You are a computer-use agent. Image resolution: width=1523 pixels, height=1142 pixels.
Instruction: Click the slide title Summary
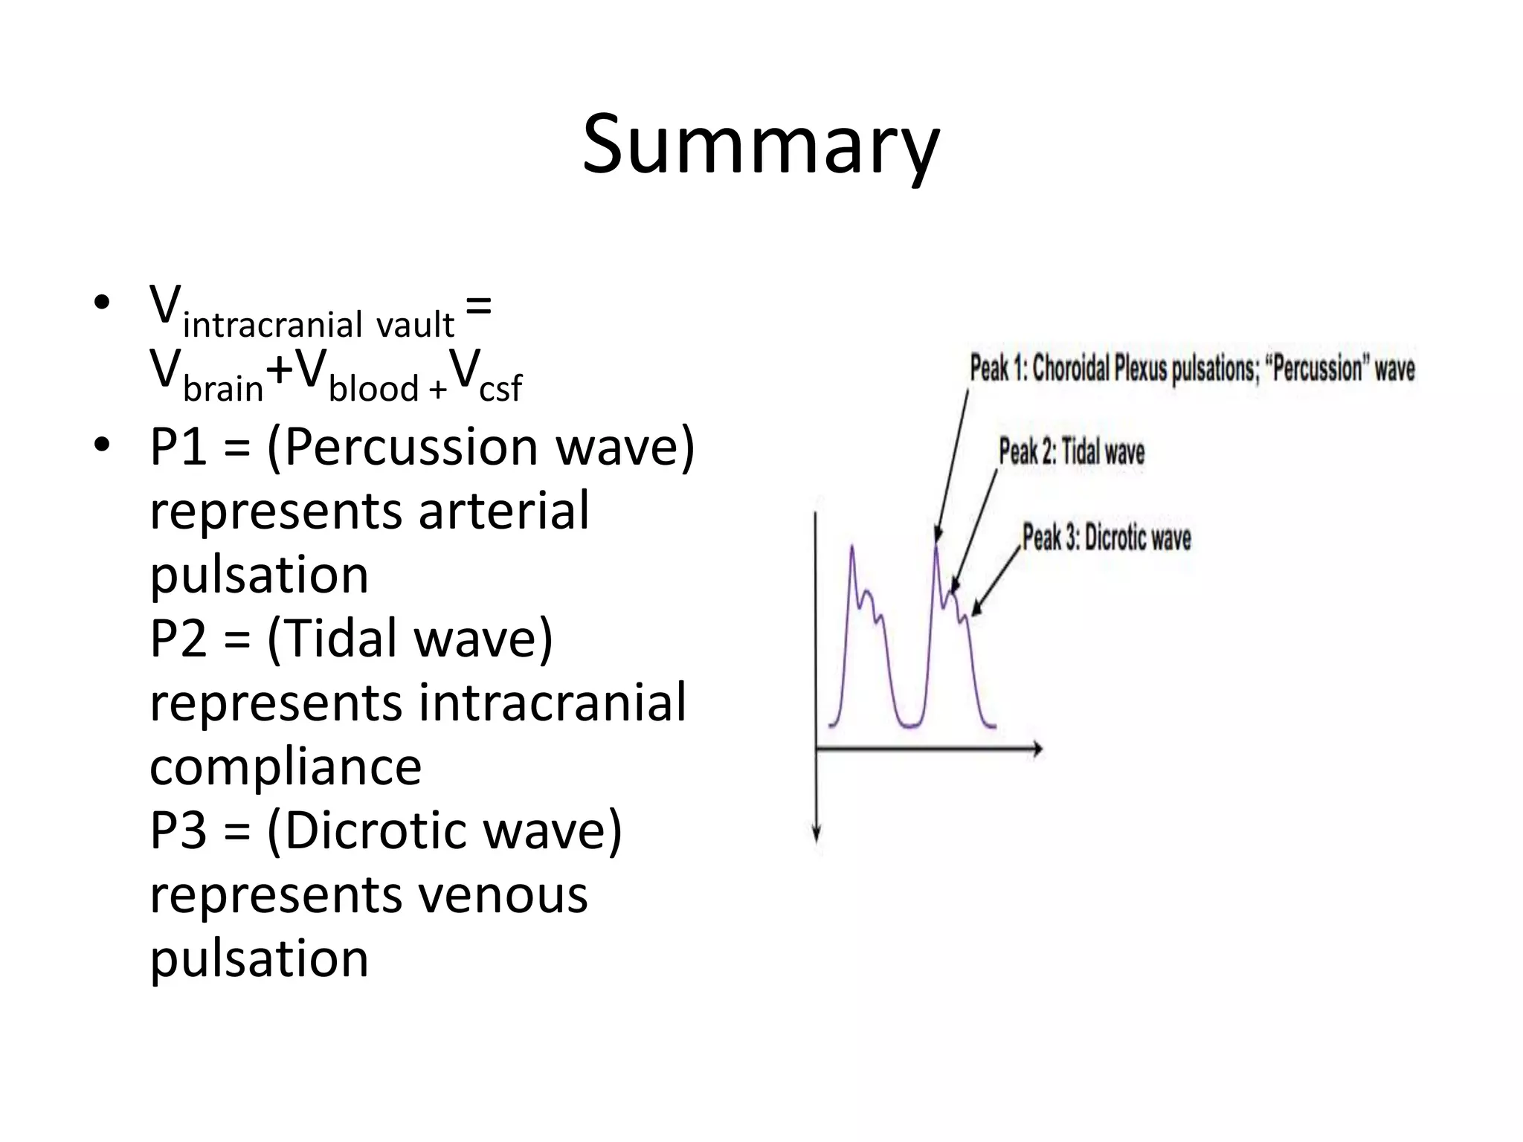761,145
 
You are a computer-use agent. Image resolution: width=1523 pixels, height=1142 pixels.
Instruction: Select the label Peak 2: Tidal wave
1072,452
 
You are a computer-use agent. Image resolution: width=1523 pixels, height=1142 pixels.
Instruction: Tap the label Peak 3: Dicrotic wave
1107,538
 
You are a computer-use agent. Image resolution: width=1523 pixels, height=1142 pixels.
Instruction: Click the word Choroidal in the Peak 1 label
1071,369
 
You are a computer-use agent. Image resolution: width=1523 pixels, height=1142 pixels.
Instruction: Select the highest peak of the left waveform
852,548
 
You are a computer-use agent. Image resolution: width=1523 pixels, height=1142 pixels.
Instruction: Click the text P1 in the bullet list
178,448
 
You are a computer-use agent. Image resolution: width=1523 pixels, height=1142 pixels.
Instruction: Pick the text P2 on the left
178,639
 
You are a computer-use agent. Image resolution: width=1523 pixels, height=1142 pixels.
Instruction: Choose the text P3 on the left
178,831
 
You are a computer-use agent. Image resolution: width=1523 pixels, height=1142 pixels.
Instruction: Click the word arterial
503,512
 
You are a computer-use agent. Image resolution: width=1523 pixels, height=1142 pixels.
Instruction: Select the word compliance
286,767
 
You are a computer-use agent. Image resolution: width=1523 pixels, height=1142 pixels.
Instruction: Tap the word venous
503,895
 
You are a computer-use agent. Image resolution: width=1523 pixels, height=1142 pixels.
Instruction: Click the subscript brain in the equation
223,389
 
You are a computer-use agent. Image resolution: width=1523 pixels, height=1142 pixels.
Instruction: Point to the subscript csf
500,389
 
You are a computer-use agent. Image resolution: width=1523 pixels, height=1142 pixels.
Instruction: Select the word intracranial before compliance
552,703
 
